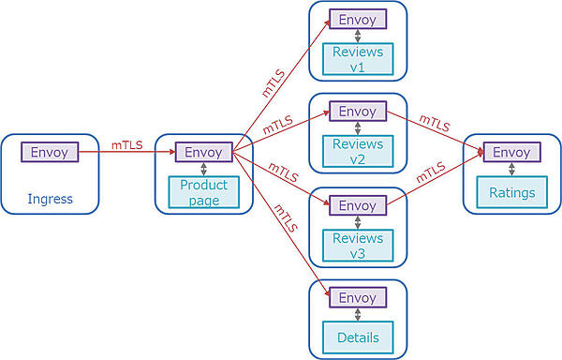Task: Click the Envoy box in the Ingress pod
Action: coord(50,152)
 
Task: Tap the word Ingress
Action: coord(50,199)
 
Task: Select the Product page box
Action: coord(203,193)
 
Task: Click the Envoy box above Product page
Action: coord(203,152)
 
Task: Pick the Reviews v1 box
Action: coord(357,60)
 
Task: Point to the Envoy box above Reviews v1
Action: coord(357,20)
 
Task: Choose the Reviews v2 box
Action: coord(357,152)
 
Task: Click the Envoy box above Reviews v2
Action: coord(357,112)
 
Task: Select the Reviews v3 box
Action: coord(357,246)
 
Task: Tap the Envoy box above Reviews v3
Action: coord(357,205)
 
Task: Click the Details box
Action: coord(357,337)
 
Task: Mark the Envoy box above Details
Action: coord(357,297)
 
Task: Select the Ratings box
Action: coord(511,193)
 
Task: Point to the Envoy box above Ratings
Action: coord(511,152)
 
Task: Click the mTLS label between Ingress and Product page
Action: coord(127,144)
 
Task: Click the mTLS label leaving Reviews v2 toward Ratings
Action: coord(433,122)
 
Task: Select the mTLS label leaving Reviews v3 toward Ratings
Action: coord(429,173)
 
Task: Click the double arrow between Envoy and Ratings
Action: coord(511,171)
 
